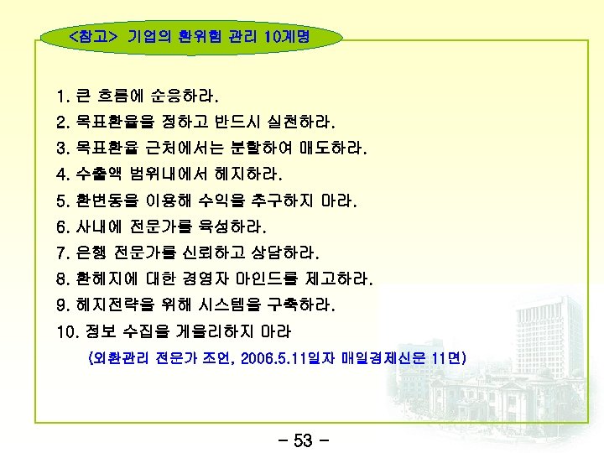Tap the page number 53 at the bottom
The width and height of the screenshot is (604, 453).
303,440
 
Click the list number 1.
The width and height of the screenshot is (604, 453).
61,95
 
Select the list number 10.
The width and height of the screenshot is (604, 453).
65,331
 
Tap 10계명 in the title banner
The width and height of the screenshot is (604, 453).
286,37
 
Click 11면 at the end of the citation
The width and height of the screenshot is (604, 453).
446,359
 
